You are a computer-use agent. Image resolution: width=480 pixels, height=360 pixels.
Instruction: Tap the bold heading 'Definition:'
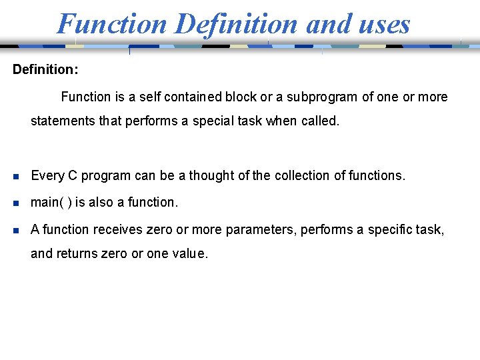click(46, 69)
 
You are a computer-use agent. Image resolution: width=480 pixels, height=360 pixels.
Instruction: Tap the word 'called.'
click(319, 122)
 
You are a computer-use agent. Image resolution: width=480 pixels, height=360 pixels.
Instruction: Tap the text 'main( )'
click(51, 202)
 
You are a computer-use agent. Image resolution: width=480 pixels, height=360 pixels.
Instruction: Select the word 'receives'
click(116, 229)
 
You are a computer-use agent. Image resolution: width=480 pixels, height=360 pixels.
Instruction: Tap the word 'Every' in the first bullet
click(46, 175)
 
